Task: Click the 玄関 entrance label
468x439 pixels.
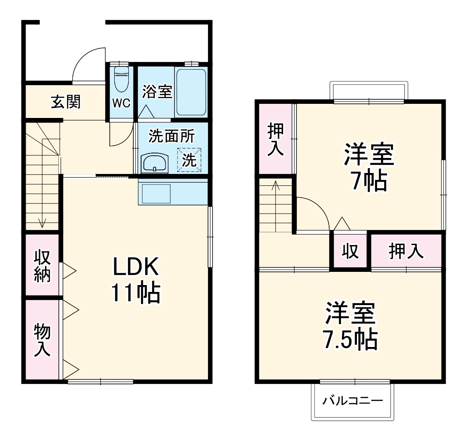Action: pos(66,102)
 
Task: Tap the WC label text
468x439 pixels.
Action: pos(122,103)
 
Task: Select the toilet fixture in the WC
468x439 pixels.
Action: pos(121,80)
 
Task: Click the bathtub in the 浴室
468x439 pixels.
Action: pos(191,92)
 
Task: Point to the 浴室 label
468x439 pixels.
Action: pos(157,92)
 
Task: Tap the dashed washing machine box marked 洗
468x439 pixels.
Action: pos(189,160)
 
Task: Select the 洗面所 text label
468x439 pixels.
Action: pos(172,136)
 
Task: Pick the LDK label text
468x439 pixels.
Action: pos(136,268)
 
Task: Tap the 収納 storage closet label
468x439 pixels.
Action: pos(42,266)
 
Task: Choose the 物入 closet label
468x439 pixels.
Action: pos(42,340)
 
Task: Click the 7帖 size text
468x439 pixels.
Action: pos(369,181)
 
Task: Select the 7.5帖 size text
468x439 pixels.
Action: pos(350,339)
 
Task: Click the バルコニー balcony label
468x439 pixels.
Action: pos(352,401)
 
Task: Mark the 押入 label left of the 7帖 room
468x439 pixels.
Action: pos(275,139)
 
